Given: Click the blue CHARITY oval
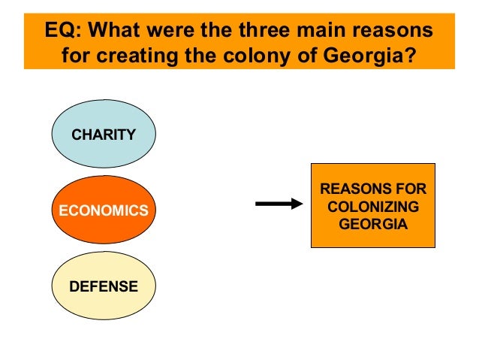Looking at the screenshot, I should tap(103, 135).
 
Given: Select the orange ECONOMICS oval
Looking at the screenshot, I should tap(103, 210).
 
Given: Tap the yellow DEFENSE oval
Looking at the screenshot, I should tap(103, 286).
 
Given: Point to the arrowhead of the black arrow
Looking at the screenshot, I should tap(296, 204).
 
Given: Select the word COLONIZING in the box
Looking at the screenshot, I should tap(373, 206).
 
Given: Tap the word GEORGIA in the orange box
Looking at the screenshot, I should tap(373, 224).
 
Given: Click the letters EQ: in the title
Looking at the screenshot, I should tap(62, 32).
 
